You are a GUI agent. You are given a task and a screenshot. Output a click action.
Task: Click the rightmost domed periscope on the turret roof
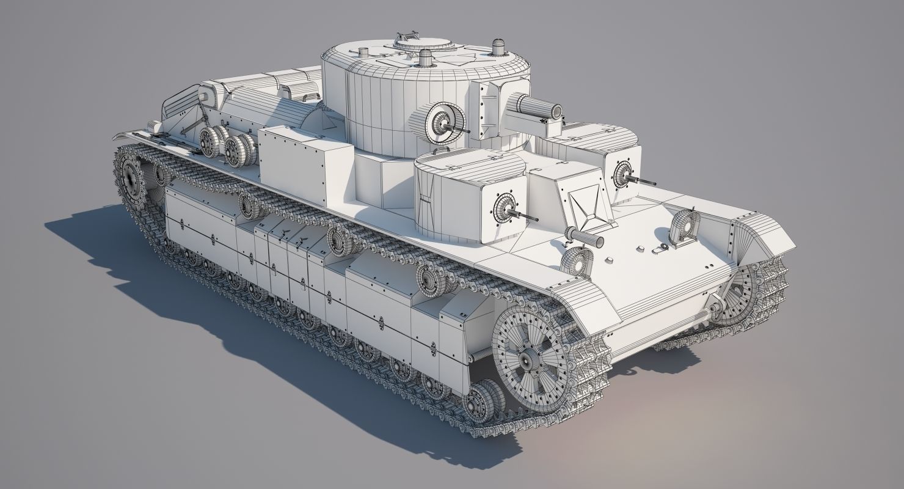pos(499,46)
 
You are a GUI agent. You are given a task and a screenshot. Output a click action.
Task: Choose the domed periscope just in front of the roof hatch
pos(425,59)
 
